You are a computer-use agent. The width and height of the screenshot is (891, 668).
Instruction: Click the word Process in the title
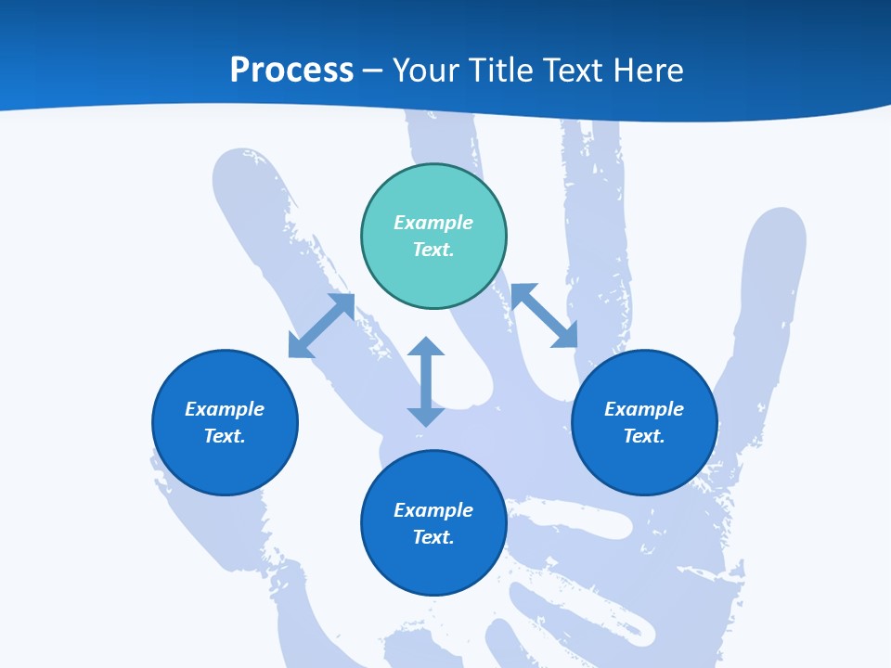[291, 71]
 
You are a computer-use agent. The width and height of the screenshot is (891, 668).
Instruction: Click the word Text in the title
[572, 71]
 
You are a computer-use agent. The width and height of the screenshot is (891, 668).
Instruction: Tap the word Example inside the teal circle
[433, 223]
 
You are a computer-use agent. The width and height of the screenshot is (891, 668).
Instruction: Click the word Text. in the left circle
[225, 436]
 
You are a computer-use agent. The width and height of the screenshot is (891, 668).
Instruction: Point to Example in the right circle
[644, 409]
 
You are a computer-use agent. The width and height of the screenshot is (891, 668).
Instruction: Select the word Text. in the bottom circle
[433, 537]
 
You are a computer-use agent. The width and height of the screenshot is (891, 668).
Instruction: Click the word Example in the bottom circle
[433, 510]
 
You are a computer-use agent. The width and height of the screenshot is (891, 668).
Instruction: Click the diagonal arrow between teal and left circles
[322, 325]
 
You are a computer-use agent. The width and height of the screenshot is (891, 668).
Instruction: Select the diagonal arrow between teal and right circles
[545, 315]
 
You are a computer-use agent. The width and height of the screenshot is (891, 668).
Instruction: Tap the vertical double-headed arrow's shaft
[426, 381]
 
